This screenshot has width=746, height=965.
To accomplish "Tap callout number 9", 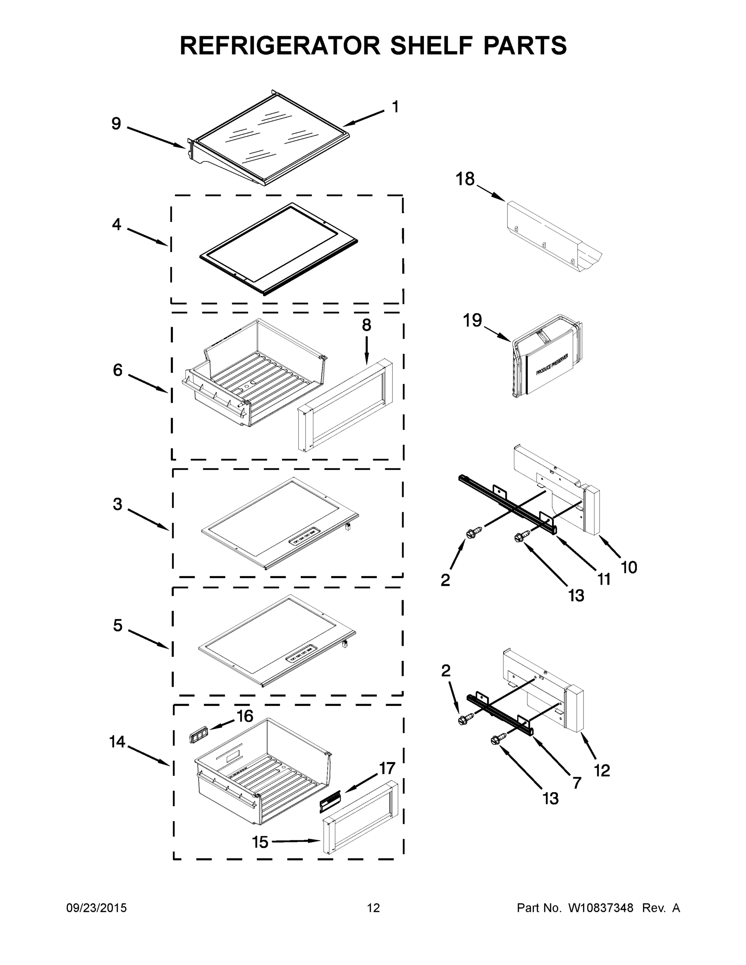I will [116, 124].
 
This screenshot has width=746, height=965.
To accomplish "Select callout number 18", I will [465, 179].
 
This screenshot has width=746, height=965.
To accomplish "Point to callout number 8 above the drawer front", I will [366, 325].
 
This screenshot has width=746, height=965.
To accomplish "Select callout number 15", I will [260, 842].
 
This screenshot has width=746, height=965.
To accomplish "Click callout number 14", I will [117, 742].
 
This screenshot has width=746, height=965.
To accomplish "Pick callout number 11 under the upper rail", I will [604, 579].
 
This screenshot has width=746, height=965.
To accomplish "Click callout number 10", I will [629, 567].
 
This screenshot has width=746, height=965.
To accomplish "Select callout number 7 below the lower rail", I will [577, 783].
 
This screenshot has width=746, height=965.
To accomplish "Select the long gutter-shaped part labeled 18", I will [553, 236].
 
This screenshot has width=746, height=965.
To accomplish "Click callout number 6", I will [117, 370].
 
